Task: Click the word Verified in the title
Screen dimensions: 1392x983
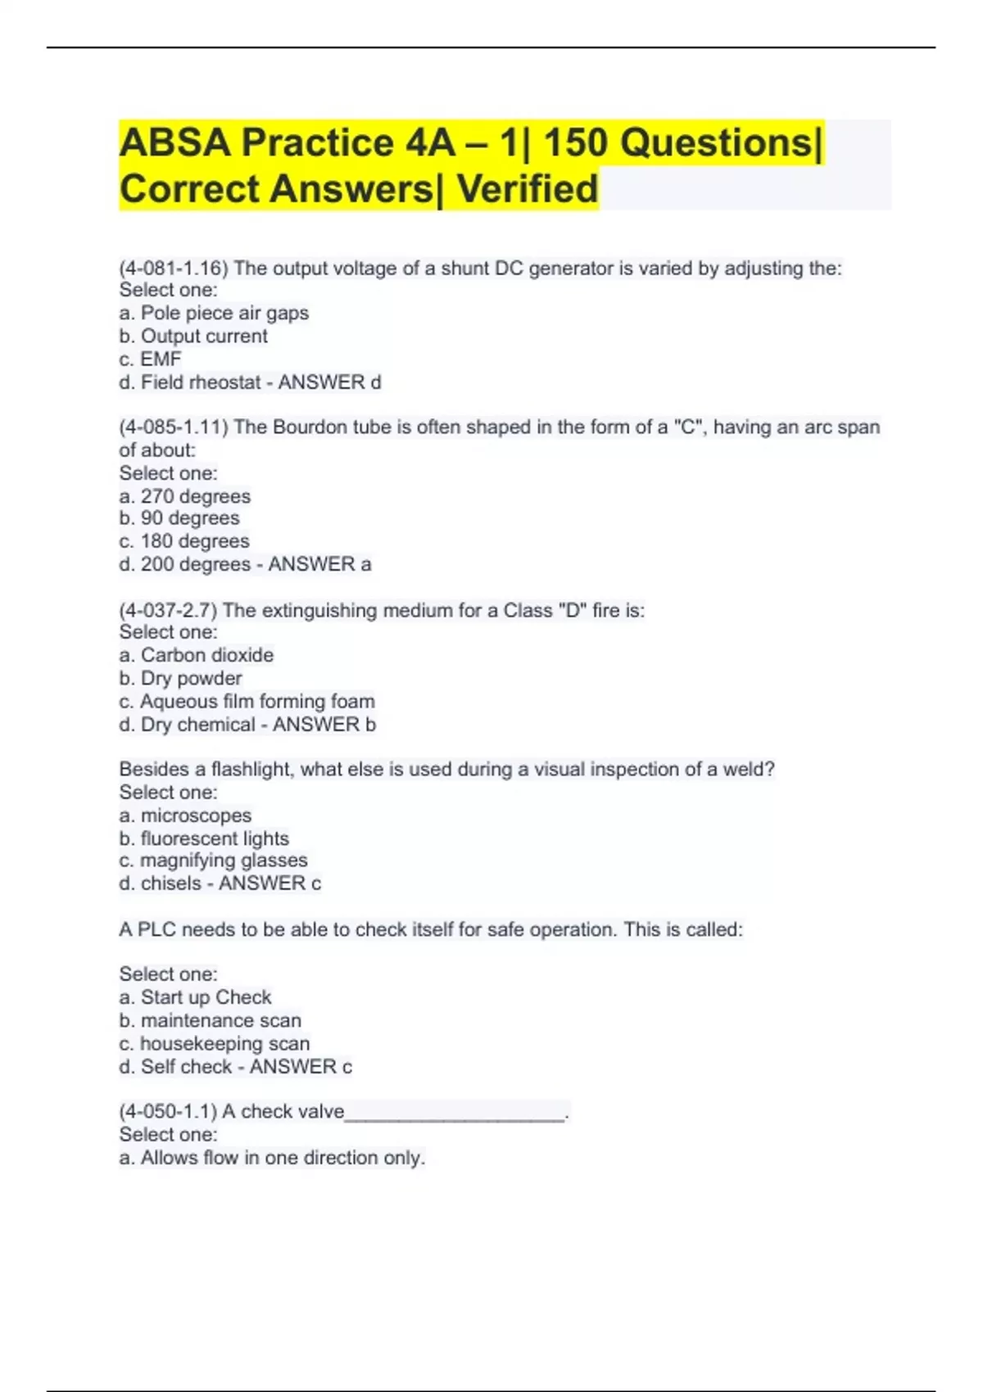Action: point(527,189)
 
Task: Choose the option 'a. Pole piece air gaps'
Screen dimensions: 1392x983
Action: point(214,313)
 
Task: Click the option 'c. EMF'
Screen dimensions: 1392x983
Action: point(150,359)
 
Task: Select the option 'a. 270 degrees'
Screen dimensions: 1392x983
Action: point(185,496)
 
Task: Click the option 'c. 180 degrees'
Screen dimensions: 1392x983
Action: point(184,541)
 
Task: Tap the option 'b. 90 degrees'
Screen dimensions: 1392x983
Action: point(179,518)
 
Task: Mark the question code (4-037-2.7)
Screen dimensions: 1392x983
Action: point(168,611)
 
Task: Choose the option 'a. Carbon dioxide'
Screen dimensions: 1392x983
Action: point(197,655)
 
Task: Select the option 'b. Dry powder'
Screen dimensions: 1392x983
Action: point(180,678)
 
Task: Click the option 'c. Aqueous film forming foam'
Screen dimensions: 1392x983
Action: point(247,702)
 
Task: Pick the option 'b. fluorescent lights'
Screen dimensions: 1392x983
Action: point(204,838)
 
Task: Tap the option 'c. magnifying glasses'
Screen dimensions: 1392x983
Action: point(213,861)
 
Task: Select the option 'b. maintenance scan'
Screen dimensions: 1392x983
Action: point(211,1021)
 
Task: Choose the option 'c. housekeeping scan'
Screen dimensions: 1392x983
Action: point(215,1044)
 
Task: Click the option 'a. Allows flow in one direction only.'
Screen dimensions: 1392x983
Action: point(272,1158)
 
